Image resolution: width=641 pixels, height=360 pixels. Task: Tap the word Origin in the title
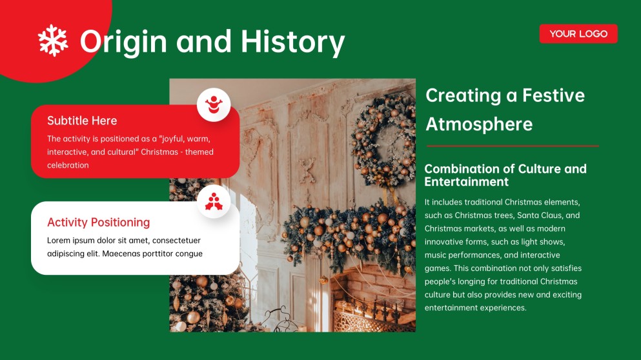pyautogui.click(x=123, y=41)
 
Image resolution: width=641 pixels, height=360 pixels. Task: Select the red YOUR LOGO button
pyautogui.click(x=578, y=34)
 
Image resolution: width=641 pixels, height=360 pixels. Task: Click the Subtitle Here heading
pyautogui.click(x=82, y=121)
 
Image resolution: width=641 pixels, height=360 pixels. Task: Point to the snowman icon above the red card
pyautogui.click(x=214, y=104)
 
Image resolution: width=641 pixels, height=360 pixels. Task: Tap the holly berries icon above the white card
pyautogui.click(x=214, y=203)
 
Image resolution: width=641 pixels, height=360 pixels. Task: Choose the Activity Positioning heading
pyautogui.click(x=98, y=223)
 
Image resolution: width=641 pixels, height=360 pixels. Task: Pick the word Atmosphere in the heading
pyautogui.click(x=479, y=124)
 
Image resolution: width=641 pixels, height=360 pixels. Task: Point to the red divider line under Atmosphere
pyautogui.click(x=513, y=146)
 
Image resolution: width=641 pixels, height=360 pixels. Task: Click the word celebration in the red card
pyautogui.click(x=68, y=165)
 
